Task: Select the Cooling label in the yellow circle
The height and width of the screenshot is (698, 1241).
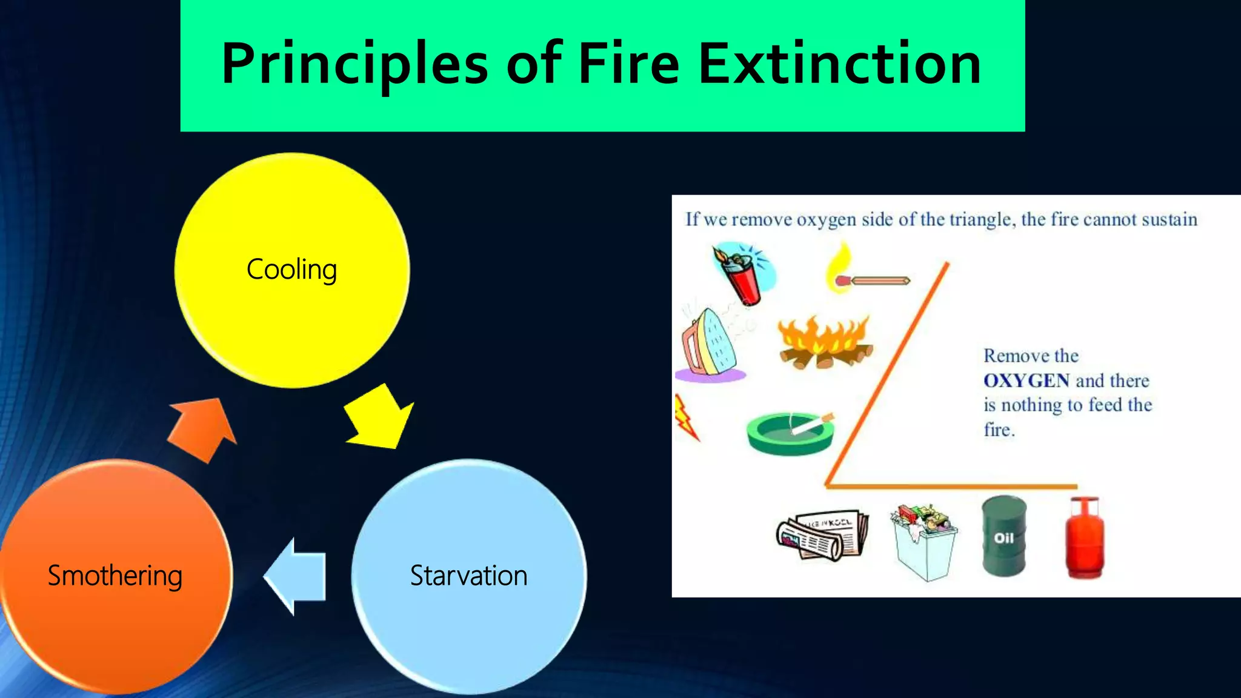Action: pyautogui.click(x=291, y=269)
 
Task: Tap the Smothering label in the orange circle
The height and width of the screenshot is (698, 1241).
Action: pyautogui.click(x=115, y=576)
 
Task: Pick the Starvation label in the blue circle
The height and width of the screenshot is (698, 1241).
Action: pyautogui.click(x=468, y=576)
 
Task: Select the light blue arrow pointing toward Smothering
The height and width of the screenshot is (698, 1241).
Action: pyautogui.click(x=296, y=576)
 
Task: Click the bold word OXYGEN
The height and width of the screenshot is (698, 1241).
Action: pyautogui.click(x=1026, y=381)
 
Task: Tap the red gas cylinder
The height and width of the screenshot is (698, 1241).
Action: pyautogui.click(x=1085, y=538)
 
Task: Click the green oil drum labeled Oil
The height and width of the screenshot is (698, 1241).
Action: pyautogui.click(x=1003, y=537)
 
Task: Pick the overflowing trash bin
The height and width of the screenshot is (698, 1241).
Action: pyautogui.click(x=923, y=540)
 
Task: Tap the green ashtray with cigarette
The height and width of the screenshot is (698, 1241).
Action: pyautogui.click(x=790, y=433)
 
